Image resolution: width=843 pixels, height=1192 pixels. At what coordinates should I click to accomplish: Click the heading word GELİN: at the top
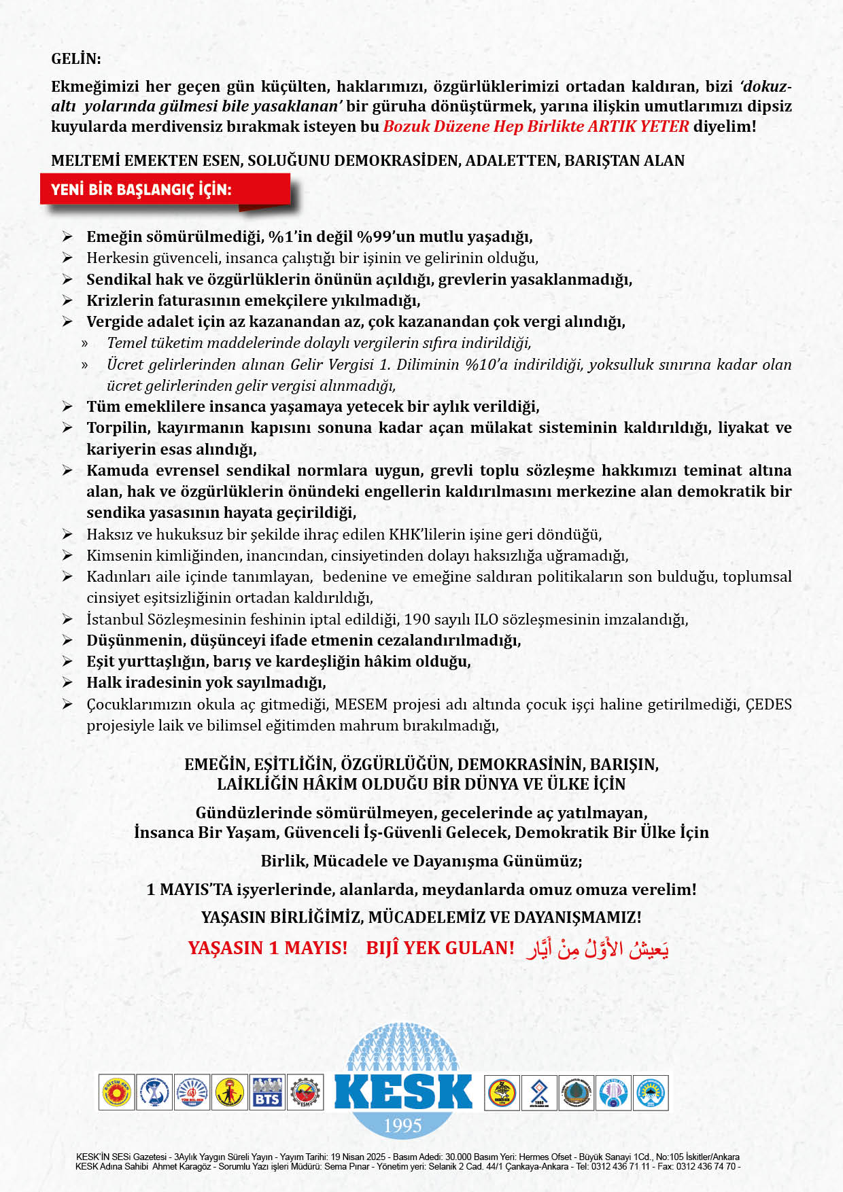coord(76,59)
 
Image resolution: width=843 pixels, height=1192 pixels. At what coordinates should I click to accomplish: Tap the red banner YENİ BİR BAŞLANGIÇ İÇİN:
coord(141,190)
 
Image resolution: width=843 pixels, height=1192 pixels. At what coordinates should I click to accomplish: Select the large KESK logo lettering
coord(402,1091)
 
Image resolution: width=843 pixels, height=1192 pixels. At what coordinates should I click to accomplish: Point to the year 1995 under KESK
coord(402,1126)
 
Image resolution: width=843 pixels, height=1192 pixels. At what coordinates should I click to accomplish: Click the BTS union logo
coord(267,1093)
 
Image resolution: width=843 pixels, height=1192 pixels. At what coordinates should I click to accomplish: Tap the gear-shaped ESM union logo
coord(305,1093)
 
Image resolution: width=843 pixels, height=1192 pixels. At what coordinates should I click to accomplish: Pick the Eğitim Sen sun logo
coord(117,1093)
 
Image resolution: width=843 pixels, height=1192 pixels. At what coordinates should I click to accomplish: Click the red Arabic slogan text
coord(597,948)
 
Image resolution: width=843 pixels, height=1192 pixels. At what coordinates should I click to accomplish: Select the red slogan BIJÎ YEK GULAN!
coord(440,948)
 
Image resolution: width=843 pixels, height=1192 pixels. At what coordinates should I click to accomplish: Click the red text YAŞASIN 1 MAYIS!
coord(267,948)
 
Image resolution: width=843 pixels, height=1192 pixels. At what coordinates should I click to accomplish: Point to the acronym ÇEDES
coord(768,704)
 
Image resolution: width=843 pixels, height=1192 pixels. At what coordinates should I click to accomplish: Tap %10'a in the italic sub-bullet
coord(486,364)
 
